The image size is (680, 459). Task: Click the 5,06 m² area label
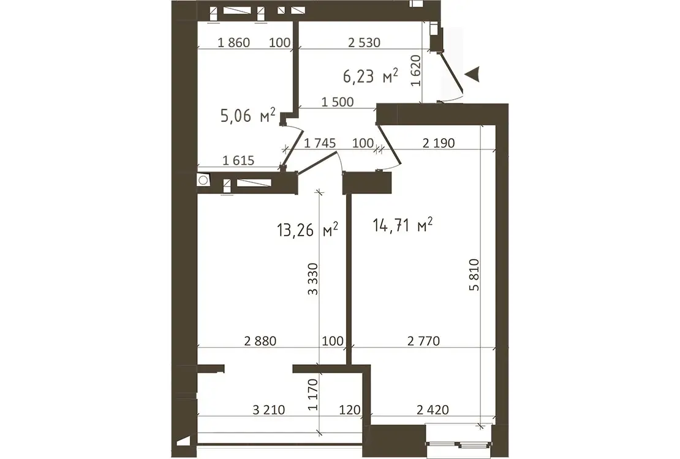(247, 115)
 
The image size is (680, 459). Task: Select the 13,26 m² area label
(308, 229)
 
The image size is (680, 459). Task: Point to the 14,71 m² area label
(402, 225)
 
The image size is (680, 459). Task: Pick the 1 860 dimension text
(234, 42)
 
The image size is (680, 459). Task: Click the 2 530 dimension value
(365, 42)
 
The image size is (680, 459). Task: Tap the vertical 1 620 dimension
(416, 70)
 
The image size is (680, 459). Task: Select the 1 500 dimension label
(338, 102)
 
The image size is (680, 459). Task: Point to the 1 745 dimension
(320, 143)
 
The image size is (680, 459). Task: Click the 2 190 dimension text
(439, 143)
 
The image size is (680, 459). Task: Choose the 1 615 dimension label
(238, 161)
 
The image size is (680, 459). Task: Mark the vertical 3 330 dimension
(312, 278)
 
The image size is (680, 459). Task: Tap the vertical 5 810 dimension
(474, 274)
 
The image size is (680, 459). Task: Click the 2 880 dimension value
(260, 341)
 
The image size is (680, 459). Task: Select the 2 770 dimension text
(424, 341)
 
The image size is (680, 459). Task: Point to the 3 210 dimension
(269, 409)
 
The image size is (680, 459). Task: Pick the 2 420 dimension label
(433, 409)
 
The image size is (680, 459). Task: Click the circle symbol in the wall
(203, 180)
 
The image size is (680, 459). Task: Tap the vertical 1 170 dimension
(312, 394)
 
